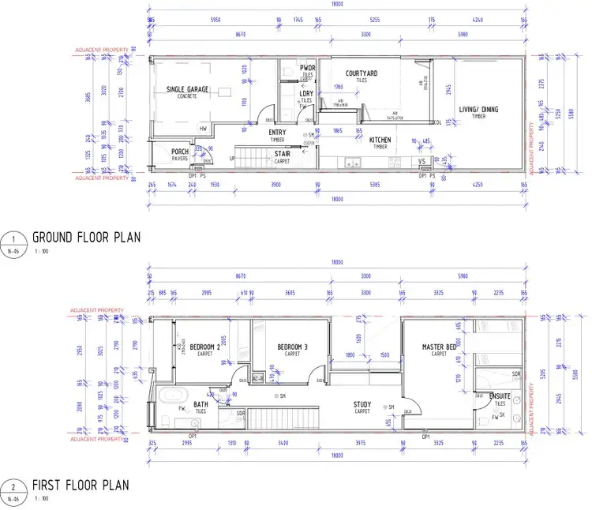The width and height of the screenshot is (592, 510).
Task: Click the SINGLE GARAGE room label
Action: (188, 90)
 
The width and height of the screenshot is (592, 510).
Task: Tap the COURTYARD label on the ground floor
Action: (362, 73)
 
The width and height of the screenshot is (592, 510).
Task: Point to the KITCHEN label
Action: (380, 140)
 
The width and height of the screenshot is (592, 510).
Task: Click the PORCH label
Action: (181, 152)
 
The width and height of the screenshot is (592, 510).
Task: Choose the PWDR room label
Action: (307, 69)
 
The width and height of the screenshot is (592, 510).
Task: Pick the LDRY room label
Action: (306, 94)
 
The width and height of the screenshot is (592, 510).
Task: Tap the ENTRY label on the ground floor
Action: (278, 133)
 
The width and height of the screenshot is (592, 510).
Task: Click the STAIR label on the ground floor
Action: (283, 154)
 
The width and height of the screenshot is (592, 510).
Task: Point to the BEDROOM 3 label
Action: (293, 347)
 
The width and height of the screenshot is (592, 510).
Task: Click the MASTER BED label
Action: (439, 347)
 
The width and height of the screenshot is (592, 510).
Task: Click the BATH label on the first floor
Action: (200, 405)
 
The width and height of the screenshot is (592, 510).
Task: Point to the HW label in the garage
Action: (203, 129)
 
